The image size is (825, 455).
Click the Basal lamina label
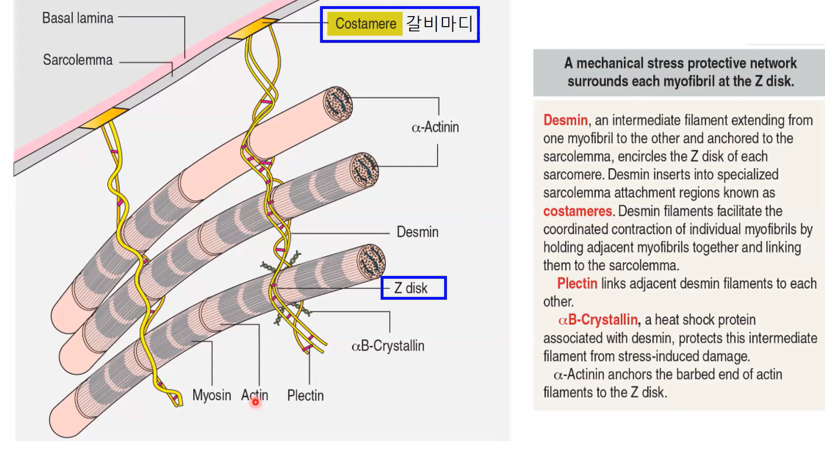coord(78,18)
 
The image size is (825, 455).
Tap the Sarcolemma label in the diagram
coord(78,60)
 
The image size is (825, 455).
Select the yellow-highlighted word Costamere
coord(365,24)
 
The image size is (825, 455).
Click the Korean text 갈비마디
coord(439,24)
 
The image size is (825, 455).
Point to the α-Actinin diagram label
coord(435,127)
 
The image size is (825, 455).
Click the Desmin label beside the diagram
coord(418,232)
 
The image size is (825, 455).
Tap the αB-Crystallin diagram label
coord(388,346)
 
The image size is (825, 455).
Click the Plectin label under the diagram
coord(305,395)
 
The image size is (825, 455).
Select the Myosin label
coord(211,395)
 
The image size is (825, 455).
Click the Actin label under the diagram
coord(255,395)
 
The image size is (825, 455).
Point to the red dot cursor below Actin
coord(255,402)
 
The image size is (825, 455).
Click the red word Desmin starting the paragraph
coord(566,120)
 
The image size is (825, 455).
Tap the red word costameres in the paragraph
coord(577,211)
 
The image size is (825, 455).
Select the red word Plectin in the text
coord(577,284)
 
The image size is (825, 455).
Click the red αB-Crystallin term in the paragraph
coord(598,321)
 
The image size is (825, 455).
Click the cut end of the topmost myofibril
coord(338,104)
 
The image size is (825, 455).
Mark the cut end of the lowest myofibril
coord(371,261)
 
